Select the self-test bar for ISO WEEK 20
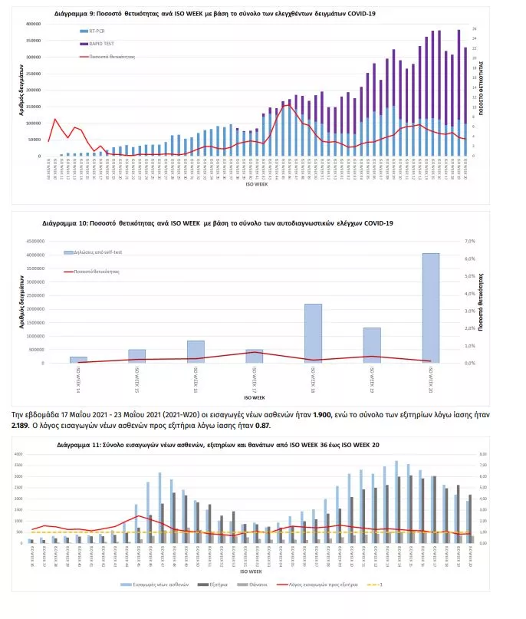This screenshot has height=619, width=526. pyautogui.click(x=431, y=307)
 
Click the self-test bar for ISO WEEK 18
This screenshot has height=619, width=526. pyautogui.click(x=313, y=333)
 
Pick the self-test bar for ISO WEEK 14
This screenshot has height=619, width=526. pyautogui.click(x=79, y=359)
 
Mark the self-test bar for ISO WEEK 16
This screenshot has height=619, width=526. pyautogui.click(x=196, y=351)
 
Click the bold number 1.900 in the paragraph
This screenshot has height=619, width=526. pyautogui.click(x=341, y=414)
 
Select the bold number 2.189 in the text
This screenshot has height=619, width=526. pyautogui.click(x=21, y=426)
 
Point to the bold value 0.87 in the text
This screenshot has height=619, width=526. pyautogui.click(x=263, y=426)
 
